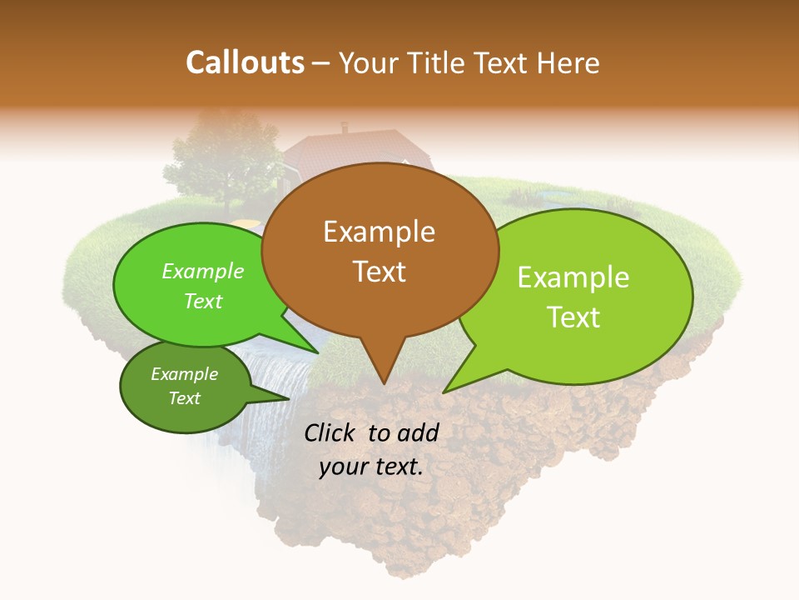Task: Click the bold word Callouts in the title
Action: [245, 62]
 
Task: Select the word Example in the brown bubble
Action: [379, 232]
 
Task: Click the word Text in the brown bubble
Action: [379, 271]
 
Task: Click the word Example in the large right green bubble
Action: [573, 277]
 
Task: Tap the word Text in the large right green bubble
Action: [573, 317]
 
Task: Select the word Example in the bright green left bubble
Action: [203, 271]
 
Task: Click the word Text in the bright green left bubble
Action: [203, 301]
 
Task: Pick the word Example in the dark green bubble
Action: [184, 374]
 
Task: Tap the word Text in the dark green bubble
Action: [184, 398]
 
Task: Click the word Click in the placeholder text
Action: [333, 432]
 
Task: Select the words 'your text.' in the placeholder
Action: [370, 467]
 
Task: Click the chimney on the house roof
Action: [345, 128]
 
